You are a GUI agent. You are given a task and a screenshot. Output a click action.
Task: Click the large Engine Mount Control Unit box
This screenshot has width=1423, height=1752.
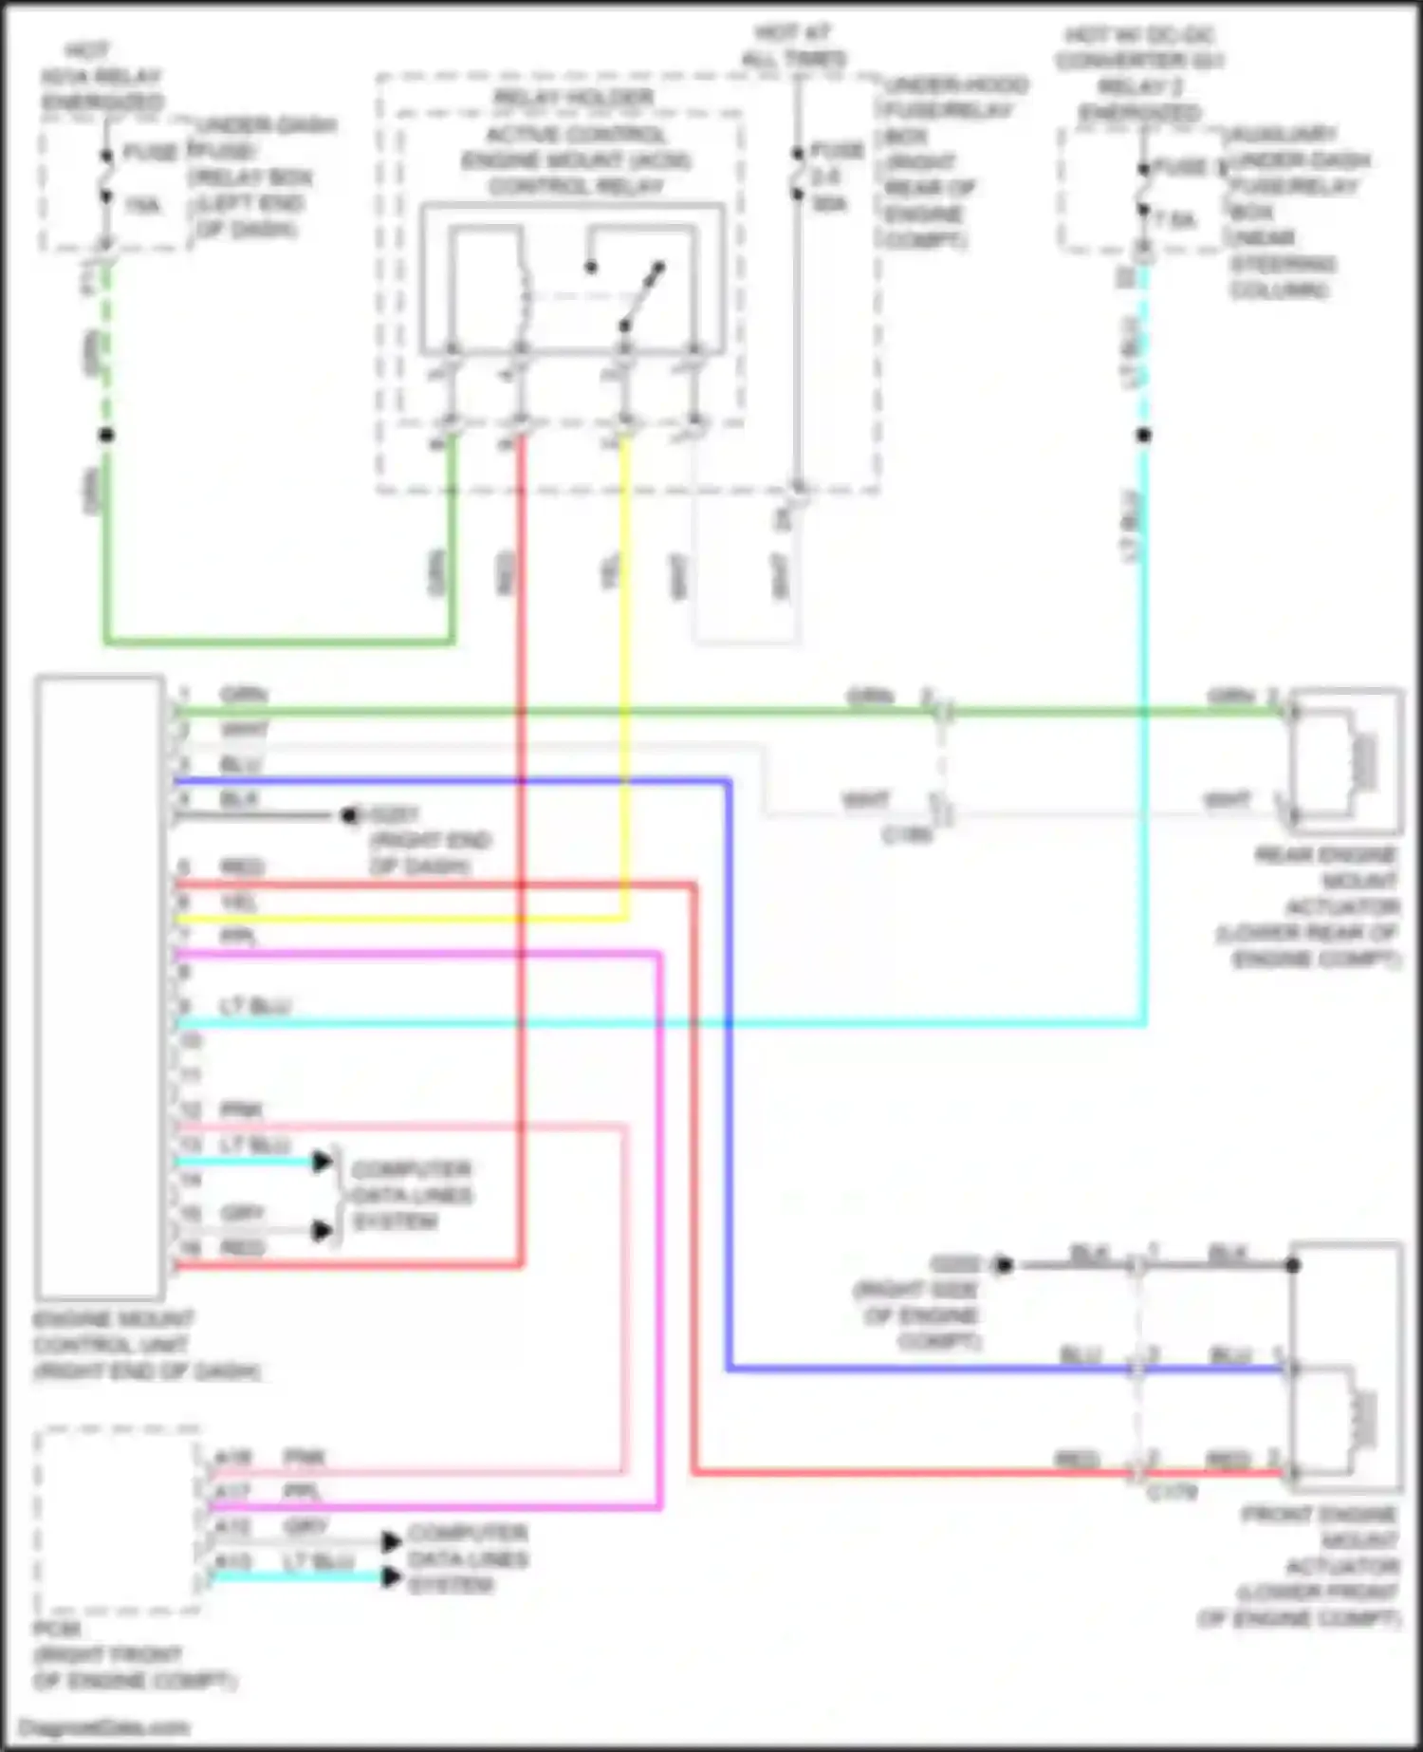click(x=100, y=987)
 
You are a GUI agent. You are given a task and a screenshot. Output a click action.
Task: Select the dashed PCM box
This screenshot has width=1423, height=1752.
click(x=119, y=1519)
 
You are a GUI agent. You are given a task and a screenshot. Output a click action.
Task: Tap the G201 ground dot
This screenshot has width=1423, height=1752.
click(x=350, y=815)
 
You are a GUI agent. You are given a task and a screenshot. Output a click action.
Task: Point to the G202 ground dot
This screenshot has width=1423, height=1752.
click(x=1004, y=1265)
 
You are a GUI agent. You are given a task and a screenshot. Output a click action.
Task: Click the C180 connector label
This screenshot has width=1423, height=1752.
click(x=907, y=836)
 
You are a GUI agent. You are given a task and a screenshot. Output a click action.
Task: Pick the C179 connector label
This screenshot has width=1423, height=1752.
click(x=1173, y=1493)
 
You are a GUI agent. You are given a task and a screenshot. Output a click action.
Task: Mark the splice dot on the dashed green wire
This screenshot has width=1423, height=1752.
click(x=107, y=436)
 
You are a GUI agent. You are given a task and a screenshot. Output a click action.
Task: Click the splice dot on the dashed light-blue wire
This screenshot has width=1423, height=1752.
click(x=1144, y=436)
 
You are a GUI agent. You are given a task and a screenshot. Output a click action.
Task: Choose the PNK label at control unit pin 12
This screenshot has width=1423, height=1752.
click(x=241, y=1109)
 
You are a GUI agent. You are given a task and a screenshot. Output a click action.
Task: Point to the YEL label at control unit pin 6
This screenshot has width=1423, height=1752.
click(x=238, y=902)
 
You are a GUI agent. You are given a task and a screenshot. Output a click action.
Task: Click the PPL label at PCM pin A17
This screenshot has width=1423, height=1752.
click(x=303, y=1493)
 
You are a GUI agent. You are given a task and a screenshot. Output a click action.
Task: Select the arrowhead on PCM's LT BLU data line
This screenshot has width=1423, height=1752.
click(x=391, y=1577)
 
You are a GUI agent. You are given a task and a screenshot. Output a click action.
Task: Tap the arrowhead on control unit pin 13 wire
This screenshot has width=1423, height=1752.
click(x=323, y=1162)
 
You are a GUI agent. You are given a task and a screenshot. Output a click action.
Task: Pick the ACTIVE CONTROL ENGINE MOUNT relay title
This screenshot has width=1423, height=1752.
click(x=576, y=160)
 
